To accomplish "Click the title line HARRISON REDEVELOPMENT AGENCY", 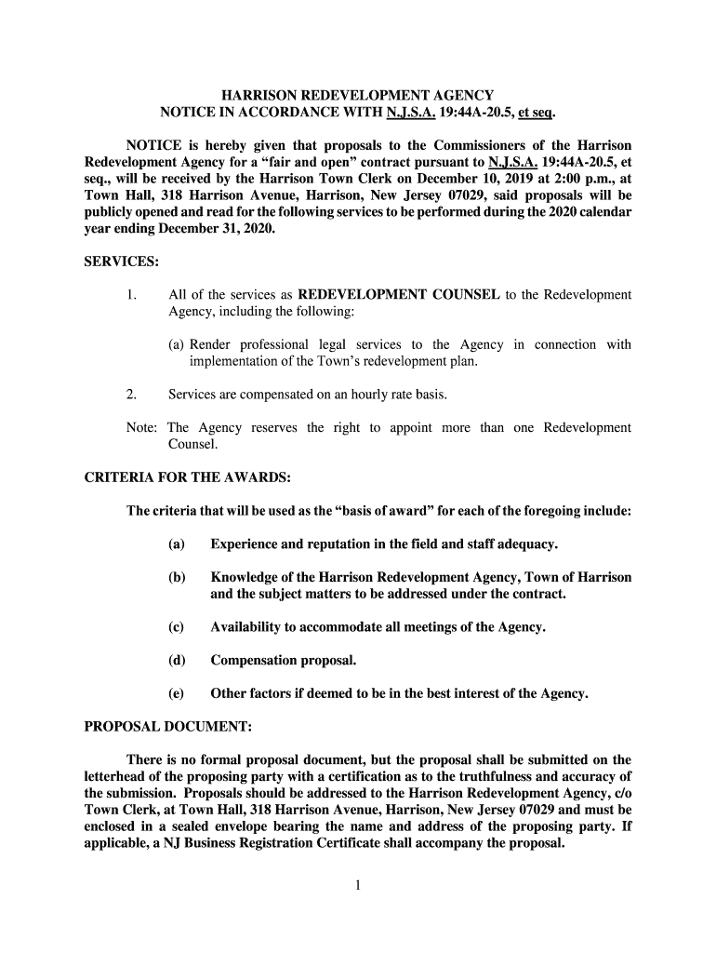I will (x=357, y=96).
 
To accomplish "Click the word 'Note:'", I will (x=143, y=428).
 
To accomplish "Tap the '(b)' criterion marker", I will (x=177, y=577).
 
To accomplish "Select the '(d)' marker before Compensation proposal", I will (x=177, y=661).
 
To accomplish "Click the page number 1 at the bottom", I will (x=357, y=885).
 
